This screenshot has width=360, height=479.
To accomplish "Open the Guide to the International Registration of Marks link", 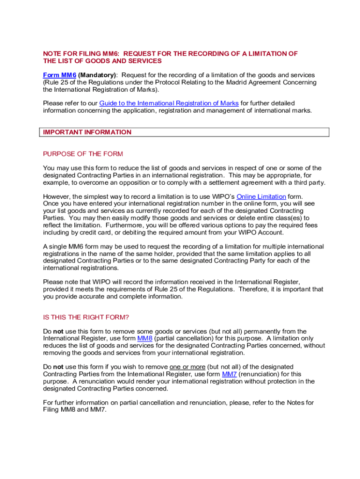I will (169, 103).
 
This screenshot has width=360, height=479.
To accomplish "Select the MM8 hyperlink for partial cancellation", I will (144, 339).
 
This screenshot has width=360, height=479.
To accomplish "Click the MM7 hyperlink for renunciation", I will (229, 374).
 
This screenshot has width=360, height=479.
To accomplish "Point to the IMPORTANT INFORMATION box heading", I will (87, 132).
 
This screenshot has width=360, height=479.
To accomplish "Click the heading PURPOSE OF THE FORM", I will (83, 154).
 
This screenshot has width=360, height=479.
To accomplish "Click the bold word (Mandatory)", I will (97, 75).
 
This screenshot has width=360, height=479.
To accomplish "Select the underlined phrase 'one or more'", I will (187, 367).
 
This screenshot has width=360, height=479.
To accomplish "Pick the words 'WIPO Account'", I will (264, 232).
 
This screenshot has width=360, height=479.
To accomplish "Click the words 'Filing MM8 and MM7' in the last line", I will (75, 410).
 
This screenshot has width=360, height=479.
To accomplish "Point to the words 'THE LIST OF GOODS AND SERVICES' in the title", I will (102, 61).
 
